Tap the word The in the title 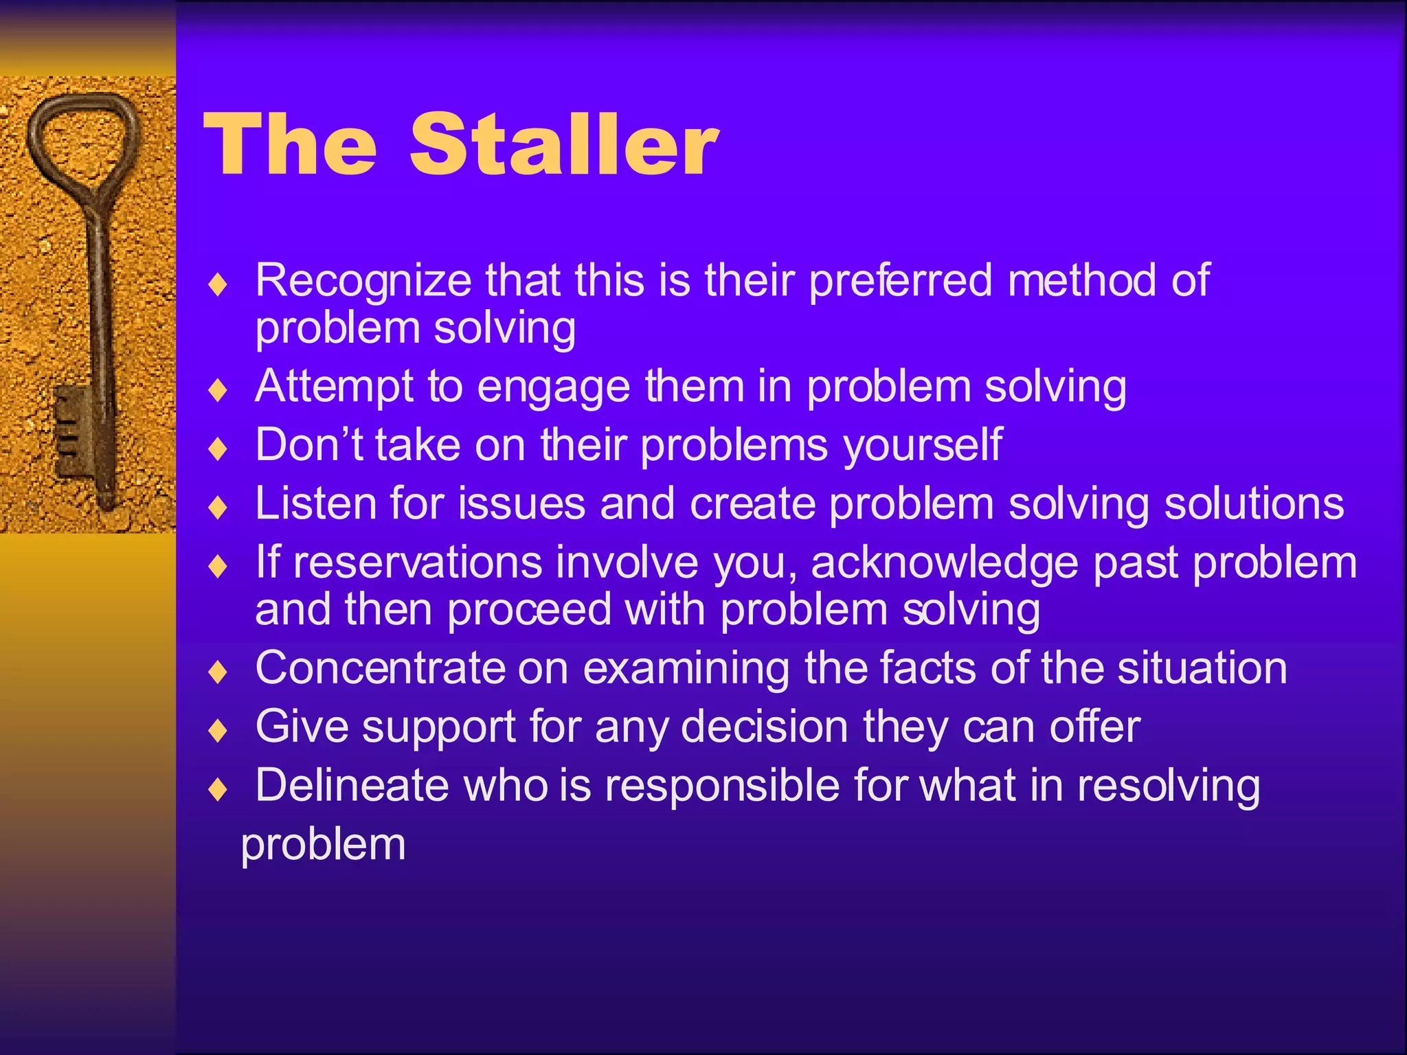coord(290,145)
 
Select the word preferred coord(901,282)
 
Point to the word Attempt coord(334,386)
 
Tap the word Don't coord(308,444)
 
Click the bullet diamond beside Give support coord(218,729)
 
